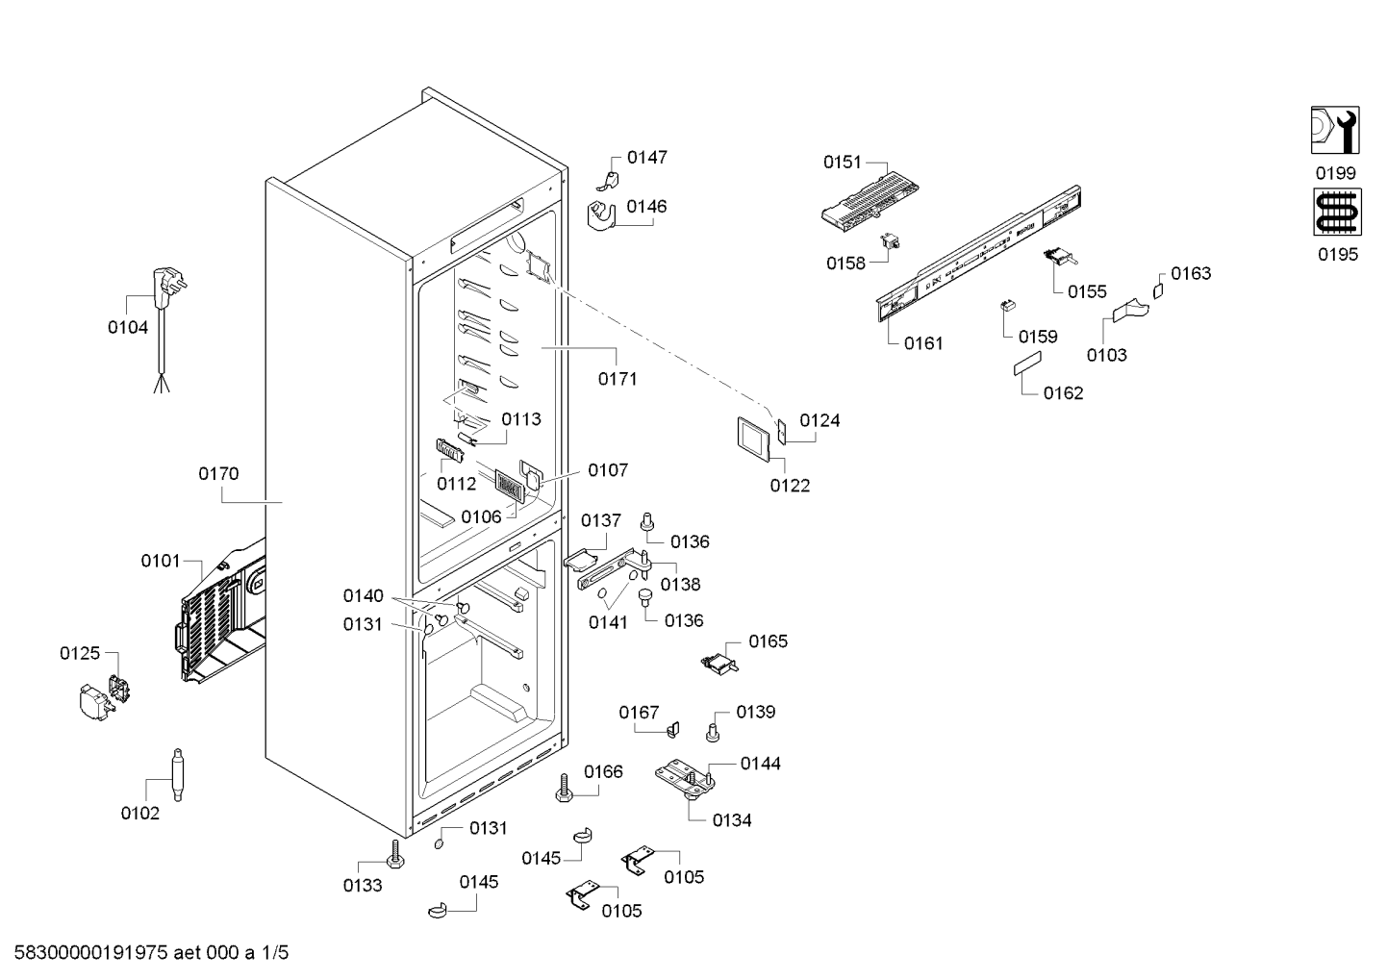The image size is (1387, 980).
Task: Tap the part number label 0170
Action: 218,473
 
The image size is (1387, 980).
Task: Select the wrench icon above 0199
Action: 1335,130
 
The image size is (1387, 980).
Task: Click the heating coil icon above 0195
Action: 1337,213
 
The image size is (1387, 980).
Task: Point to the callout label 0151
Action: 843,163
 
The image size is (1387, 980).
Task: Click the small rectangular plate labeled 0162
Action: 1027,363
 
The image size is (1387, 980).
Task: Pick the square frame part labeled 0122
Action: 753,439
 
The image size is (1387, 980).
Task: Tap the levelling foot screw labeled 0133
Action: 395,855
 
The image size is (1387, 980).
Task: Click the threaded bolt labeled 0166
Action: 564,788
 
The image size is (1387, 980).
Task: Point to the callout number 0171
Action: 618,378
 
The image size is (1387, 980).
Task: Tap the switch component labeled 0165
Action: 719,663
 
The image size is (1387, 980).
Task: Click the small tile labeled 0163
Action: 1158,290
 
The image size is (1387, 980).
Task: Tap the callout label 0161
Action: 923,343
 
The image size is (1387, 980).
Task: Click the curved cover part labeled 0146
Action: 600,216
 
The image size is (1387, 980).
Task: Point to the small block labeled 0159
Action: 1009,306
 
